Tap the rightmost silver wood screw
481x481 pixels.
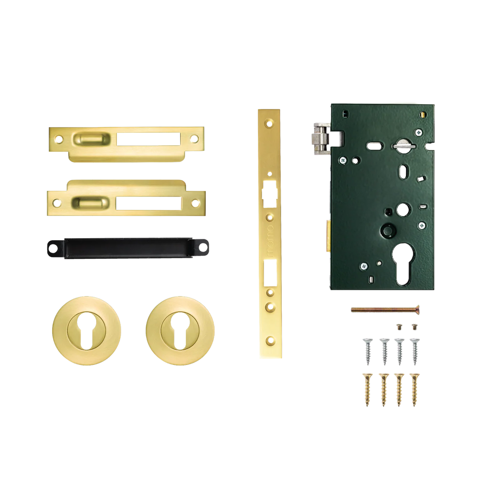[414, 350]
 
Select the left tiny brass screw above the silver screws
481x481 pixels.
[400, 327]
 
